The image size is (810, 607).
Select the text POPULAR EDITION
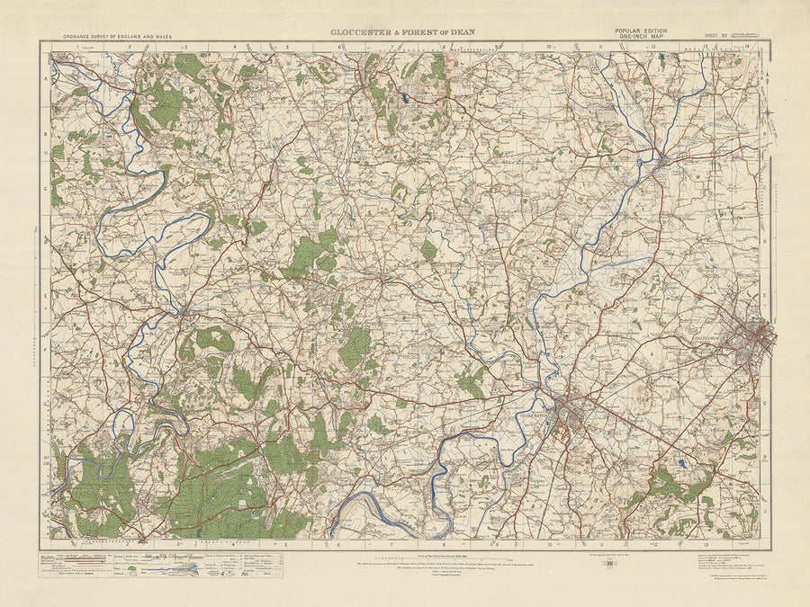(642, 31)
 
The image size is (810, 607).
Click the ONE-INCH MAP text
(642, 38)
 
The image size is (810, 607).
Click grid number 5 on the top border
(287, 47)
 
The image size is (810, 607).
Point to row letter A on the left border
(45, 79)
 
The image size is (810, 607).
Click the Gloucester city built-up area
(569, 413)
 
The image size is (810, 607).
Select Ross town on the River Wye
(183, 313)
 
